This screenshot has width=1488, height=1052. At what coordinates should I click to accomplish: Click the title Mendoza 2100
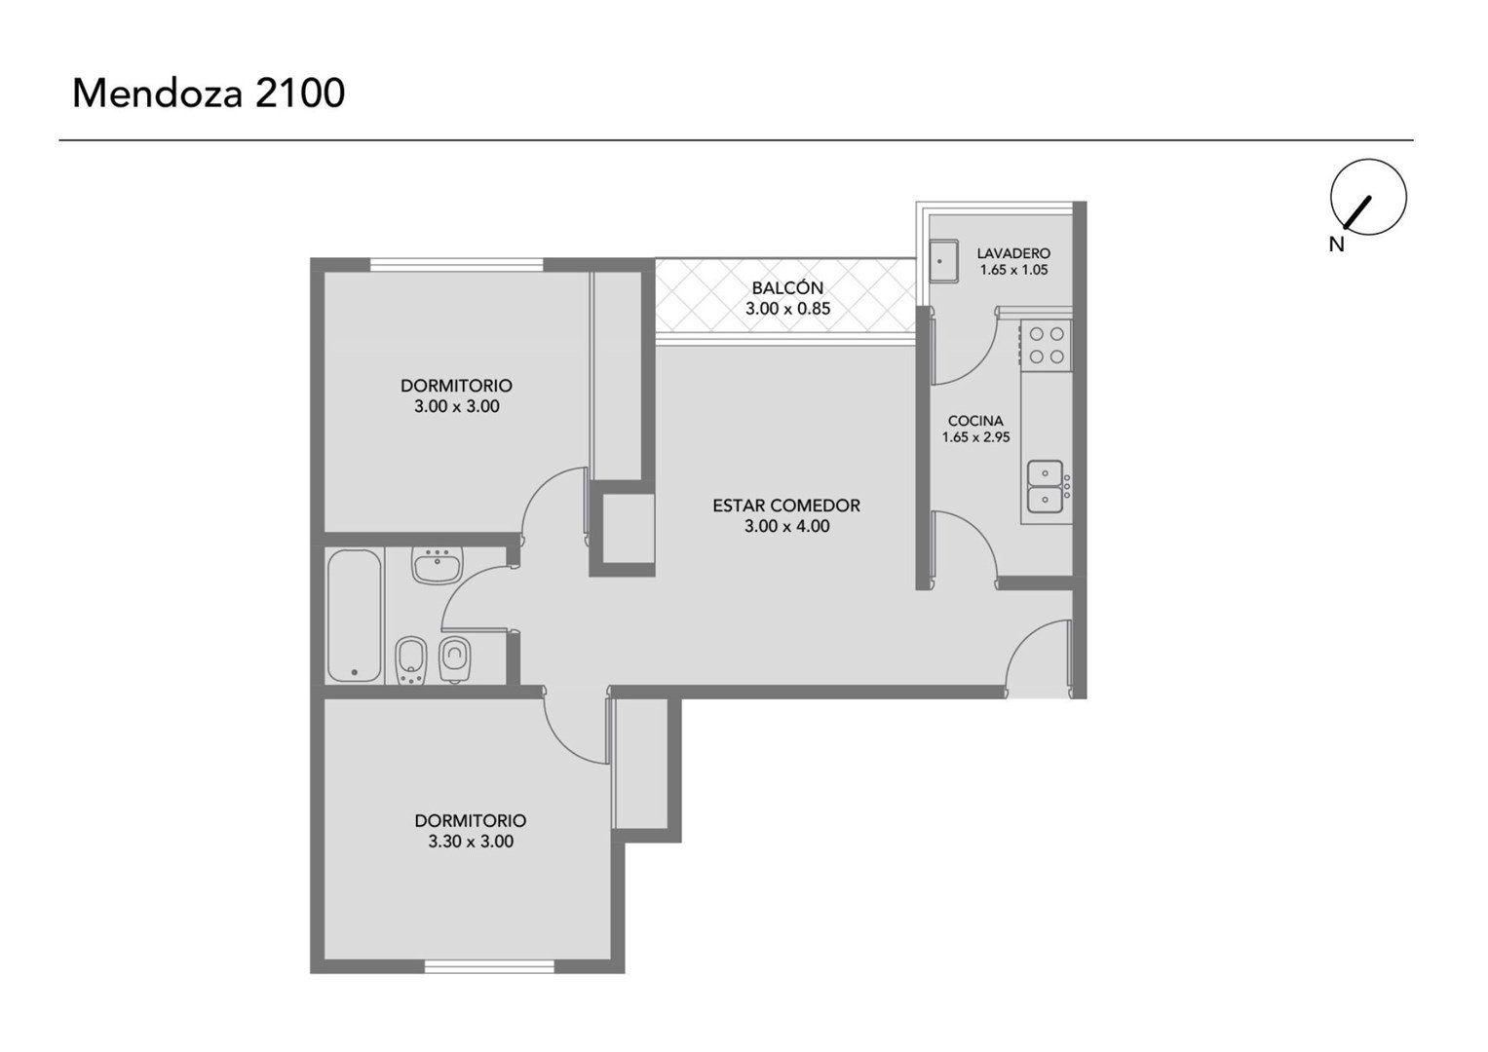click(x=209, y=94)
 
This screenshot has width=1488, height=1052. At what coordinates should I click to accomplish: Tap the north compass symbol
click(x=1368, y=197)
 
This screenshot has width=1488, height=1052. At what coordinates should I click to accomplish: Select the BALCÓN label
click(x=787, y=288)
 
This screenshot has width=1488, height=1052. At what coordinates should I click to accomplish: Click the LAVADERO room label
click(x=1013, y=253)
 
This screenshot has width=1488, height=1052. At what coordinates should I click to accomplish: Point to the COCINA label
click(x=975, y=421)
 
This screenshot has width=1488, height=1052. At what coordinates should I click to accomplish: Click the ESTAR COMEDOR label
click(x=786, y=506)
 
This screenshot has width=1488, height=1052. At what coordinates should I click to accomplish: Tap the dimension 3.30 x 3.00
click(x=471, y=842)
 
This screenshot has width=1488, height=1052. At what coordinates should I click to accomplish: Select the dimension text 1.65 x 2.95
click(x=975, y=437)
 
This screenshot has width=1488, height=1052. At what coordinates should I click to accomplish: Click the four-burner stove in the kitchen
click(x=1046, y=344)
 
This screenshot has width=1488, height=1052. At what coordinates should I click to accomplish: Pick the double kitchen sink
click(x=1045, y=487)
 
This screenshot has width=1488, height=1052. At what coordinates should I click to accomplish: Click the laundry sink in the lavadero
click(x=942, y=262)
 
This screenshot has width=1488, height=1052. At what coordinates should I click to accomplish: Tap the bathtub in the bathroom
click(x=356, y=616)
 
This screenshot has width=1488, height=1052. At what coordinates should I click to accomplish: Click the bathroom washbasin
click(x=438, y=567)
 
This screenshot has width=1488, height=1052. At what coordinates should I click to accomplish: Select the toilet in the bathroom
click(x=455, y=658)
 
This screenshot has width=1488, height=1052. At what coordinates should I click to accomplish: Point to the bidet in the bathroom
click(x=412, y=660)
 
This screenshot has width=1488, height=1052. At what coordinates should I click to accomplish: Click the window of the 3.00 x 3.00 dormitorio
click(x=456, y=264)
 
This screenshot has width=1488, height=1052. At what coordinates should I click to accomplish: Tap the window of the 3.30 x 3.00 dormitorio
click(x=489, y=966)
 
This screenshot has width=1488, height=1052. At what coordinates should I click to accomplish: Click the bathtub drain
click(x=355, y=673)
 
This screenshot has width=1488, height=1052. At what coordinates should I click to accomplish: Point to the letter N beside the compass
click(x=1337, y=245)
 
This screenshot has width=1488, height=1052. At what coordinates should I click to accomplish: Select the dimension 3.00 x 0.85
click(x=787, y=309)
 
